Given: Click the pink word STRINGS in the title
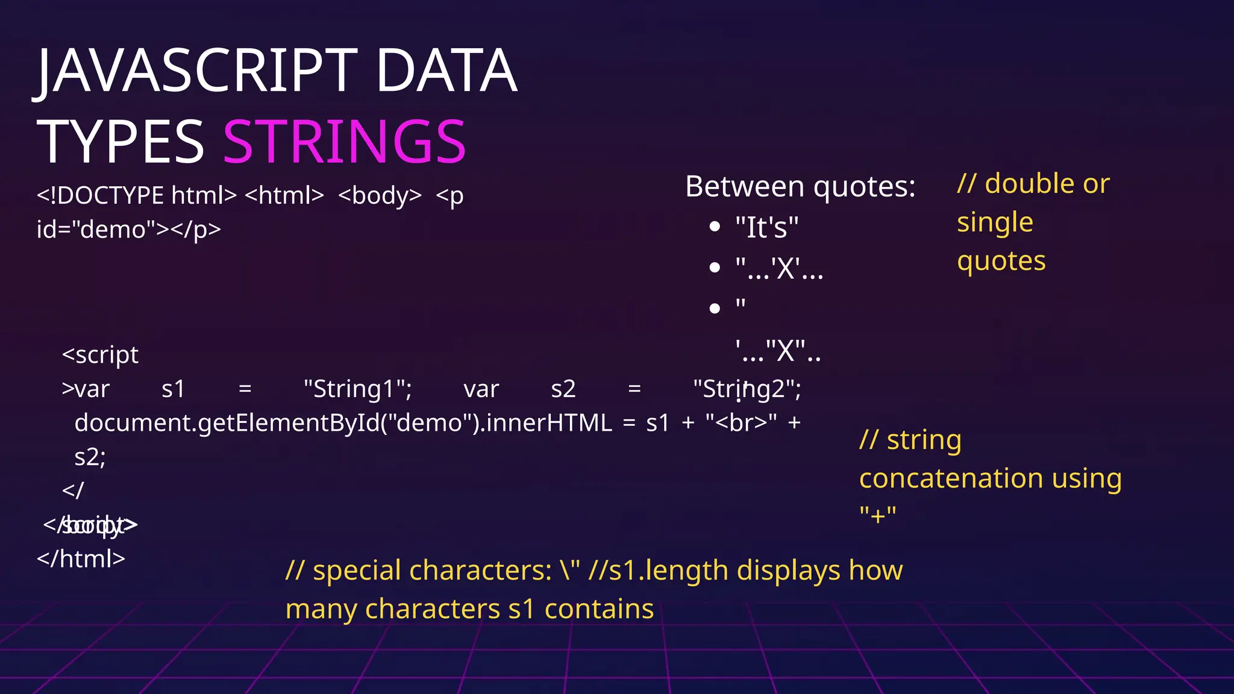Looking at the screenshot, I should tap(344, 142).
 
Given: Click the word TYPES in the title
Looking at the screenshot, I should tap(121, 142).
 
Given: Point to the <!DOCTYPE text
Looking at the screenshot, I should tap(100, 196).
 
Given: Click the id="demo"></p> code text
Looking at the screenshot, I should tap(129, 230).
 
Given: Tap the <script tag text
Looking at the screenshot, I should tap(100, 355).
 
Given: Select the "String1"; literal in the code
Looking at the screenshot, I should tap(357, 389).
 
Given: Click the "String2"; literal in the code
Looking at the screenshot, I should tap(747, 389).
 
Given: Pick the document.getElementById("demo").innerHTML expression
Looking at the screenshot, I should tap(343, 423).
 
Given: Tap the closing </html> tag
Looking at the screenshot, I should tap(81, 559).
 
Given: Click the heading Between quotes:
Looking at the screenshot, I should tap(800, 187).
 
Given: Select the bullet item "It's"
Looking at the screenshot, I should tap(766, 228).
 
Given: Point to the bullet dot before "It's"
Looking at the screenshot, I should tap(715, 227).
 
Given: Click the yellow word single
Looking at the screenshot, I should tap(995, 222).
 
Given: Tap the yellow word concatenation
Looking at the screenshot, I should tap(951, 479).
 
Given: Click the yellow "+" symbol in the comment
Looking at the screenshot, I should tap(877, 516).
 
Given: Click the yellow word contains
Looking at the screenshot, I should tap(599, 609).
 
